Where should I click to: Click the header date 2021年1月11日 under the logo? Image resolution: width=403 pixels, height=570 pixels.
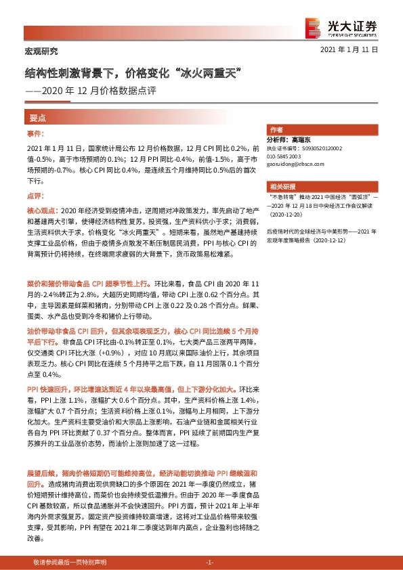coord(348,50)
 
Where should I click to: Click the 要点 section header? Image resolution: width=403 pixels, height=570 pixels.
coord(37,117)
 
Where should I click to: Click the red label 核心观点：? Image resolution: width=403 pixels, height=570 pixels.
coord(43,211)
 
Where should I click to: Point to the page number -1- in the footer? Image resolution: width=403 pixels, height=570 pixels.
coord(209,563)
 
